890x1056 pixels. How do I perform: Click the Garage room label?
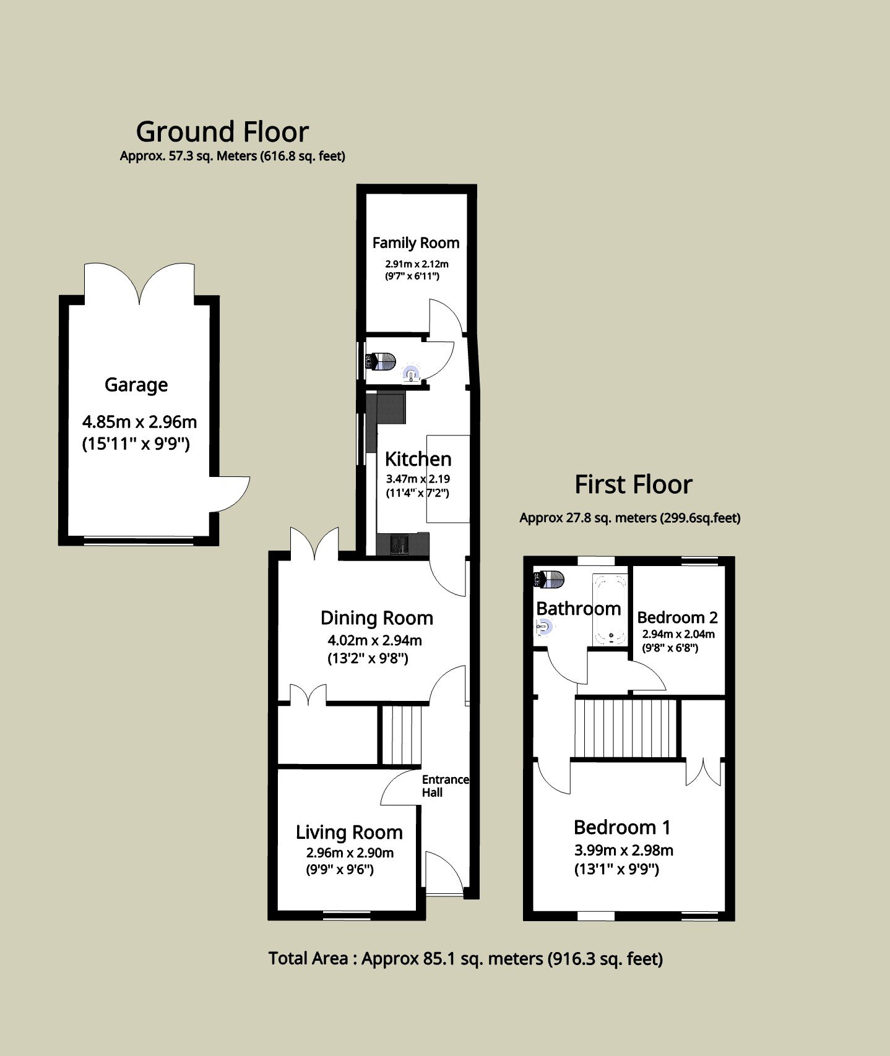point(136,385)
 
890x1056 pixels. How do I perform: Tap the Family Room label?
point(416,243)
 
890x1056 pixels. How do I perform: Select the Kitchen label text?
point(418,459)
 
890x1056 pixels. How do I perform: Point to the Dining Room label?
point(376,618)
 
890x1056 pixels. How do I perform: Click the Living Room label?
point(349,833)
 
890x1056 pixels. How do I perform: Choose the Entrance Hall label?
point(445,786)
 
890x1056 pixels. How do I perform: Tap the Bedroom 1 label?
point(622,827)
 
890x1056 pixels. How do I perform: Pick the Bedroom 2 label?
point(677,617)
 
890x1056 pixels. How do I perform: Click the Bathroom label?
point(579,609)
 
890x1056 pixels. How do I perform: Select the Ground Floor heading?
point(222,132)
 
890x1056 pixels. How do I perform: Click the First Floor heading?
point(633,484)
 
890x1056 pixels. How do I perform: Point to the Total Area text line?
point(465,959)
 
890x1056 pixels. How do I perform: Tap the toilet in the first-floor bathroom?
point(549,580)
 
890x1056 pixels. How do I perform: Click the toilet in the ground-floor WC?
point(380,361)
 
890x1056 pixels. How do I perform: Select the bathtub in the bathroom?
point(610,610)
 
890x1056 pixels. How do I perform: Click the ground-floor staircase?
point(400,735)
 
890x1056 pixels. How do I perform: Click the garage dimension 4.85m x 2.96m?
point(139,423)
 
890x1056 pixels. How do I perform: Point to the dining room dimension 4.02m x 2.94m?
point(375,641)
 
